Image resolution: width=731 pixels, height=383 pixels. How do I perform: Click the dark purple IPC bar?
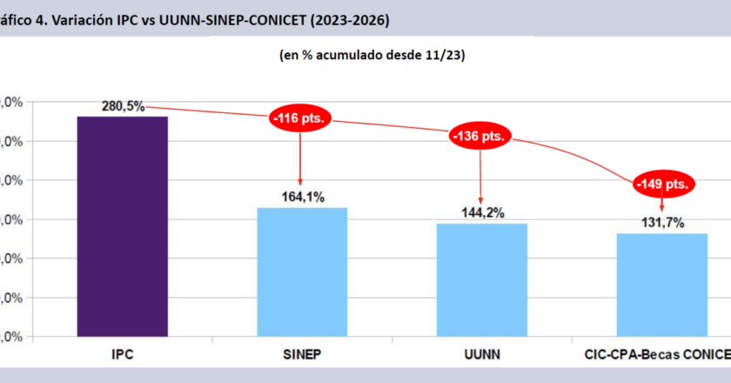tap(122, 226)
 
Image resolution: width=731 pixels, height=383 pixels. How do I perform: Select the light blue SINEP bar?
tap(302, 272)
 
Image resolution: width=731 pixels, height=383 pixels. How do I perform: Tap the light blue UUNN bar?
tap(481, 279)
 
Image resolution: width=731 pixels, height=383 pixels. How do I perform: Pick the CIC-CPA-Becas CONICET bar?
tap(662, 285)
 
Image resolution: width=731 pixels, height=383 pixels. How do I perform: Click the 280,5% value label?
tap(123, 106)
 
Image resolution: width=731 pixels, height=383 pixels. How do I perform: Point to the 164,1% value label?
tap(302, 198)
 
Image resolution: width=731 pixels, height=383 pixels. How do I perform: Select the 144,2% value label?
tap(481, 213)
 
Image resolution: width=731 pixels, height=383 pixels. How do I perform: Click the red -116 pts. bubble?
tap(300, 120)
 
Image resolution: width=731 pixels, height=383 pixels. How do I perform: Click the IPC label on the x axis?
tap(122, 355)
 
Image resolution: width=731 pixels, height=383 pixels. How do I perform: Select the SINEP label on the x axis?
tap(302, 355)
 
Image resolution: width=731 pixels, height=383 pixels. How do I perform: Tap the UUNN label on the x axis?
tap(481, 355)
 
